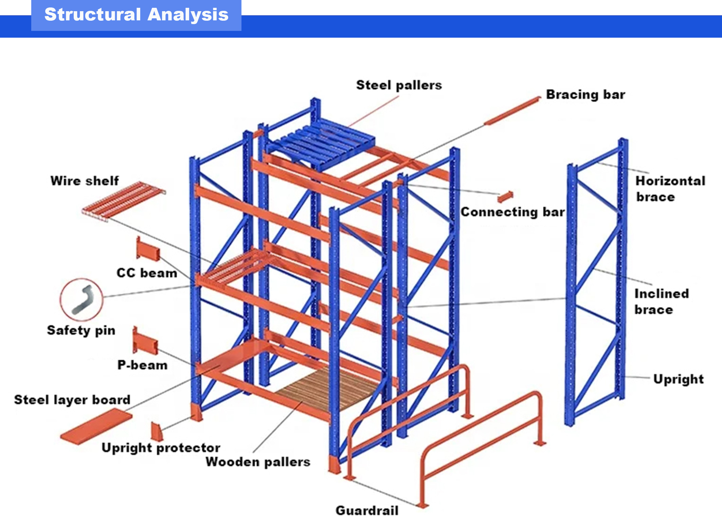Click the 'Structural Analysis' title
pyautogui.click(x=136, y=15)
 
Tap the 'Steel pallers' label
pyautogui.click(x=399, y=85)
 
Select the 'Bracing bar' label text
pyautogui.click(x=585, y=95)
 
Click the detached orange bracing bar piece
pyautogui.click(x=512, y=111)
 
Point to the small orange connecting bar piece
pyautogui.click(x=505, y=196)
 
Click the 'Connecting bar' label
pyautogui.click(x=513, y=212)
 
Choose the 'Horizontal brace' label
pyautogui.click(x=670, y=189)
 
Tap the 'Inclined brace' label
pyautogui.click(x=662, y=302)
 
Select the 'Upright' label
pyautogui.click(x=679, y=379)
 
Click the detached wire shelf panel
pyautogui.click(x=124, y=201)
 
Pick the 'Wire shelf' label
pyautogui.click(x=85, y=181)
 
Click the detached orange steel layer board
pyautogui.click(x=96, y=426)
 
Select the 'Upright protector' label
pyautogui.click(x=161, y=448)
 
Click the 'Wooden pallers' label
pyautogui.click(x=258, y=462)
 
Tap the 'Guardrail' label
pyautogui.click(x=367, y=511)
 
